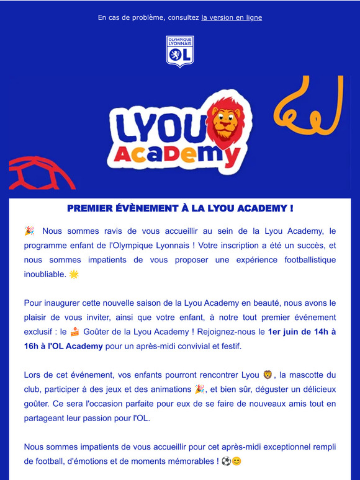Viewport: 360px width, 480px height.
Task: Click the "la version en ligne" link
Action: (232, 17)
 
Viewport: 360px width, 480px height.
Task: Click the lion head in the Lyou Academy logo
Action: (224, 119)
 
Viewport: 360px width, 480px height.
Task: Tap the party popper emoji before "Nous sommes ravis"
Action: (29, 231)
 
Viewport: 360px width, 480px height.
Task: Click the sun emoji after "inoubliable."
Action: (74, 274)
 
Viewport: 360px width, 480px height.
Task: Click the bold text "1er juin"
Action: (285, 331)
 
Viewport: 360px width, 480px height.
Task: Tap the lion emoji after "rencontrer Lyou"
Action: (268, 375)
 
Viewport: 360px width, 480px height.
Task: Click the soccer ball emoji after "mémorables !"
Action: (225, 461)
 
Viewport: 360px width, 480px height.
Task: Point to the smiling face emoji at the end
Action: (236, 461)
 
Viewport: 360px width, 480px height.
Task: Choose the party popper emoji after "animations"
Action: (200, 389)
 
